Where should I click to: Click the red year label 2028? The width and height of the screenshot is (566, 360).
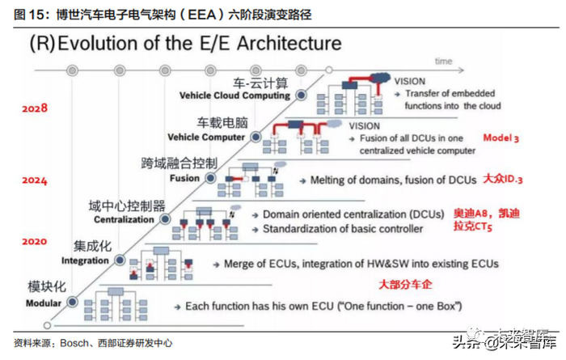(35, 108)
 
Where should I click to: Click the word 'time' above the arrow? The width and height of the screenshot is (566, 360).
(443, 60)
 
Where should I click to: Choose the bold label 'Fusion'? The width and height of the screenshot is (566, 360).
(185, 178)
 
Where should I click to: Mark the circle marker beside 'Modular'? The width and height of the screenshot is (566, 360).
(73, 301)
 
